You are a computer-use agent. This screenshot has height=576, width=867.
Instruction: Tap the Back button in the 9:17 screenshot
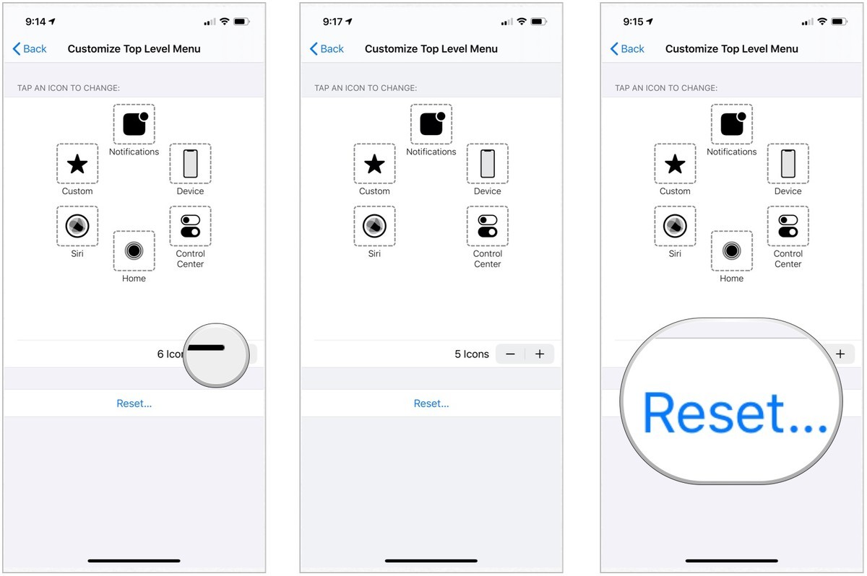(x=327, y=49)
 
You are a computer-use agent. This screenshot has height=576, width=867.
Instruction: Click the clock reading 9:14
(x=35, y=22)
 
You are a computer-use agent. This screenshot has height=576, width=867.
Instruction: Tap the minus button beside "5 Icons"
(x=511, y=354)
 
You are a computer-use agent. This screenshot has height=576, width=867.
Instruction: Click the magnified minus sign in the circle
(x=207, y=348)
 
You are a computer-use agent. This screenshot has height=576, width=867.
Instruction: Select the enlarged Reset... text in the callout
(x=734, y=414)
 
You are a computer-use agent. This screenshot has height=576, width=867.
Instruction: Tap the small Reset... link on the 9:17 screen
(x=431, y=403)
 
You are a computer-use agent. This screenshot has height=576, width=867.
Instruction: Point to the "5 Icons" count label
(x=472, y=354)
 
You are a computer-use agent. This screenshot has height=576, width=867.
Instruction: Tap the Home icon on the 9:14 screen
(x=134, y=250)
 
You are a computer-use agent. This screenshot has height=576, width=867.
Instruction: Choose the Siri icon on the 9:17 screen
(x=374, y=226)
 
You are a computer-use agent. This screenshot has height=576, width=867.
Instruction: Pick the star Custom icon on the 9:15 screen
(x=675, y=165)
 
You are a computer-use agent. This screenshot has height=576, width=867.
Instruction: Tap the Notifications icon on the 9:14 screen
(x=134, y=124)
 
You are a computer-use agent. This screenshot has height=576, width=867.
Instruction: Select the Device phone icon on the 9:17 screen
(x=488, y=164)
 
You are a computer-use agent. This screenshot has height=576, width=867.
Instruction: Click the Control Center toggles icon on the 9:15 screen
(x=788, y=226)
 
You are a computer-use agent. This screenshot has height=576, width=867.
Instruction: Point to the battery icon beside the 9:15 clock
(x=839, y=22)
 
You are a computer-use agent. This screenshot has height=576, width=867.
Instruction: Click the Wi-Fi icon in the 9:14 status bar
(x=225, y=22)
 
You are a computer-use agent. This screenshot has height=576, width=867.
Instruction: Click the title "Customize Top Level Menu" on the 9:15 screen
(x=731, y=49)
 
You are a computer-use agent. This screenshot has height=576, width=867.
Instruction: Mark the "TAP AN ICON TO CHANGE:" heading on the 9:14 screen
(x=69, y=88)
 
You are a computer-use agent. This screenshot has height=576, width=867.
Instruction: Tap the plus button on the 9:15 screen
(x=840, y=354)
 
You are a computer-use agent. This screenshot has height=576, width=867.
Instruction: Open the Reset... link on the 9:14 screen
(x=134, y=403)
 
